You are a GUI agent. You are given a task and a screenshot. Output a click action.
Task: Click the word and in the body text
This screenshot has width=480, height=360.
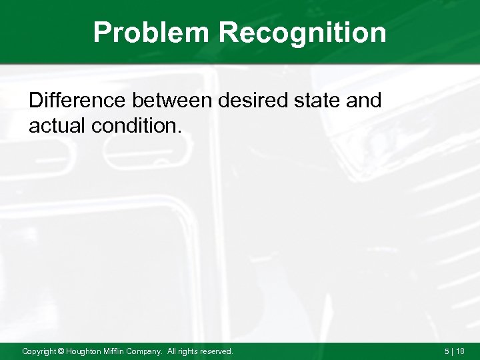(x=365, y=101)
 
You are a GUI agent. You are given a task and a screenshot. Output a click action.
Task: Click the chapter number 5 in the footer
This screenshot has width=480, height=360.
(x=446, y=351)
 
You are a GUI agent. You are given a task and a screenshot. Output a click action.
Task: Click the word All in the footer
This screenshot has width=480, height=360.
(x=174, y=351)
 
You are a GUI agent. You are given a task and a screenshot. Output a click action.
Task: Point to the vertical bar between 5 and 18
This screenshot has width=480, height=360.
(x=453, y=351)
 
